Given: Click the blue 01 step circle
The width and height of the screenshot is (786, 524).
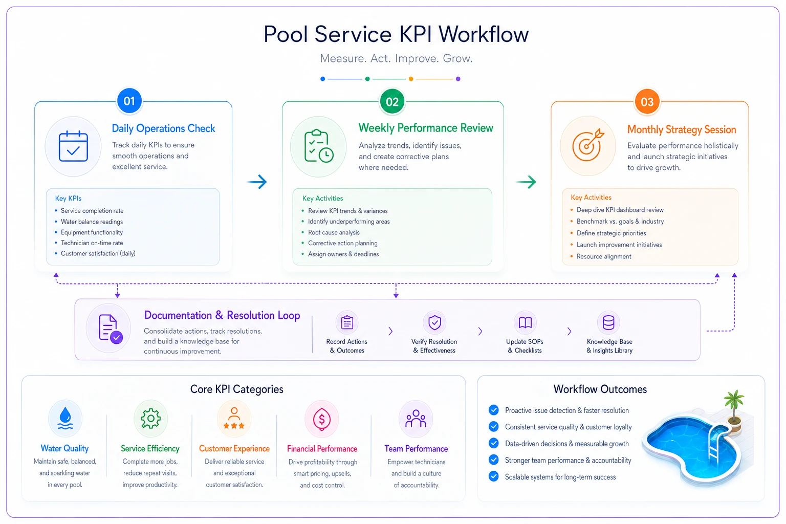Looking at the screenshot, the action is tap(129, 101).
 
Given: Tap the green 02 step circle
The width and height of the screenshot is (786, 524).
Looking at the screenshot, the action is tap(392, 102).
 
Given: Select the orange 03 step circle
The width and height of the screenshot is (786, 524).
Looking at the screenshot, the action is tap(647, 102).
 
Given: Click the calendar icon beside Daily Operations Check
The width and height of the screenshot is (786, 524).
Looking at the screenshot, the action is tap(73, 146).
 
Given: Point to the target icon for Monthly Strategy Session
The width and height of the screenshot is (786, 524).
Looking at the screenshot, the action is tap(588, 145).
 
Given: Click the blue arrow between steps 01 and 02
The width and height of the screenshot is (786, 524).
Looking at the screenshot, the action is tap(257, 182).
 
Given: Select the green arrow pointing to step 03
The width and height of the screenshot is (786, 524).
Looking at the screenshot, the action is tap(526, 182).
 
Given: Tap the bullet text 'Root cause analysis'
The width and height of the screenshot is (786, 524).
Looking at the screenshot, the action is tap(334, 232).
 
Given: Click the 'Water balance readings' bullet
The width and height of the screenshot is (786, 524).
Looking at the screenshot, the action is tap(92, 222).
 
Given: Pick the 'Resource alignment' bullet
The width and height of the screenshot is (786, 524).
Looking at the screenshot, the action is tap(603, 256).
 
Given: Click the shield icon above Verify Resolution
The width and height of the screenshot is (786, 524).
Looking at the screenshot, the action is tap(434, 322).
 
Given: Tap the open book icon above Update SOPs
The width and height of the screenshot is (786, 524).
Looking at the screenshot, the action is tap(525, 322).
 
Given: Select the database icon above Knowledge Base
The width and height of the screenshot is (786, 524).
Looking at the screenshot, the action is tap(608, 322).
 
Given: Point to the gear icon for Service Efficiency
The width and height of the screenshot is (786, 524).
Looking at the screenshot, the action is tap(150, 419).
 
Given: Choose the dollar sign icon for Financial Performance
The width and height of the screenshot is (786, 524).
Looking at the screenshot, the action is tap(322, 419).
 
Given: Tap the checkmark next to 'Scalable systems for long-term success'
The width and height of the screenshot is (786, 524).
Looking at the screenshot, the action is tap(493, 476).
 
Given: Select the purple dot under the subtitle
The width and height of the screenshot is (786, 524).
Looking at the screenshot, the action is tap(458, 79).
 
